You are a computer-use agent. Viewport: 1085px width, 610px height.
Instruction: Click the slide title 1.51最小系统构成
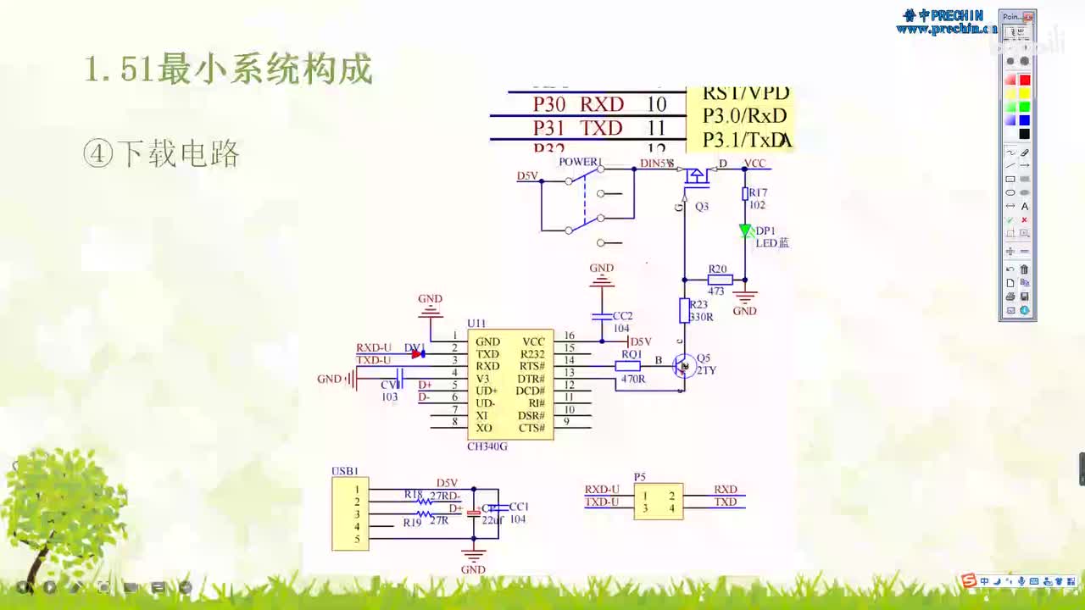click(228, 69)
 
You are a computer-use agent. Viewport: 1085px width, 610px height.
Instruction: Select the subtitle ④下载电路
click(162, 153)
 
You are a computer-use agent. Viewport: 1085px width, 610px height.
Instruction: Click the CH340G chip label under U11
click(487, 446)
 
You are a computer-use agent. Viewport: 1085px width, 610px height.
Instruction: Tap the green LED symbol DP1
click(745, 230)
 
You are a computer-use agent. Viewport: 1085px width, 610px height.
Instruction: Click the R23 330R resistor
click(684, 311)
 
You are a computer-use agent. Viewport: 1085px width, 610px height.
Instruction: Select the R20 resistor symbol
click(720, 279)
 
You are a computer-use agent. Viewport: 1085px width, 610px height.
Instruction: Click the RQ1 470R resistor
click(628, 366)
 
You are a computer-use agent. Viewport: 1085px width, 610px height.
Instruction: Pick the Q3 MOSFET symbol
click(696, 176)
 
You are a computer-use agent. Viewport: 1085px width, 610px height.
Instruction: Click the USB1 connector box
click(350, 513)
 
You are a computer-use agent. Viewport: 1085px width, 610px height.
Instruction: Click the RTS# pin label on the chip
click(531, 366)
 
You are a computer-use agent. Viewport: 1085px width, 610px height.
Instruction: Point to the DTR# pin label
click(531, 378)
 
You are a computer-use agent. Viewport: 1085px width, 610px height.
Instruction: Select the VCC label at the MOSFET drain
click(754, 164)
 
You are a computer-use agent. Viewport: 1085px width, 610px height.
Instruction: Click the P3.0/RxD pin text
click(744, 116)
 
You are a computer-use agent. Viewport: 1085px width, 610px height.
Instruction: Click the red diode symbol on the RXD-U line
click(417, 353)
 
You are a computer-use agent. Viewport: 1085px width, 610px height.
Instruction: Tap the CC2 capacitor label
click(622, 316)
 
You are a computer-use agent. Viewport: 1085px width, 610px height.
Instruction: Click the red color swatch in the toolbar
click(1024, 80)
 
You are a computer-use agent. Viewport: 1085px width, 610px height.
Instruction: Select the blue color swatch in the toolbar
click(1024, 120)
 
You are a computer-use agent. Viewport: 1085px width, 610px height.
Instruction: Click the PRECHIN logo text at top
click(946, 15)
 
